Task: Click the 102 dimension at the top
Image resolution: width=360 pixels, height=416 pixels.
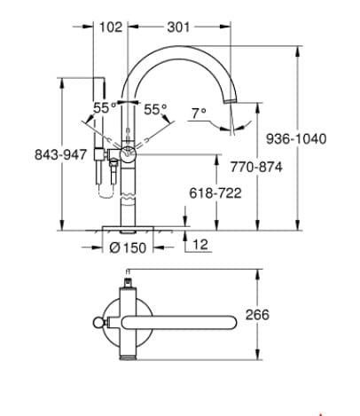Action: pos(111,27)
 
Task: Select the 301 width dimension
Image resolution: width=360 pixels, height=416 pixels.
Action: pos(179,27)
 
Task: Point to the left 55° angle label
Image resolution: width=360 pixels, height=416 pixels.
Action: pos(105,108)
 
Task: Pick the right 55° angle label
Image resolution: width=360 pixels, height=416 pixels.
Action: pos(156,110)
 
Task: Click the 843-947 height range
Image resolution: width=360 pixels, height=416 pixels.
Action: pos(33,155)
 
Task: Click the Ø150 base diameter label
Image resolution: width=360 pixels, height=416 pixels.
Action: pos(129,247)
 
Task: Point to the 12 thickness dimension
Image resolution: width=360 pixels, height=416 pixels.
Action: pos(200,243)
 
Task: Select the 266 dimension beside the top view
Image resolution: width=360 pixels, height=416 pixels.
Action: pos(282,315)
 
